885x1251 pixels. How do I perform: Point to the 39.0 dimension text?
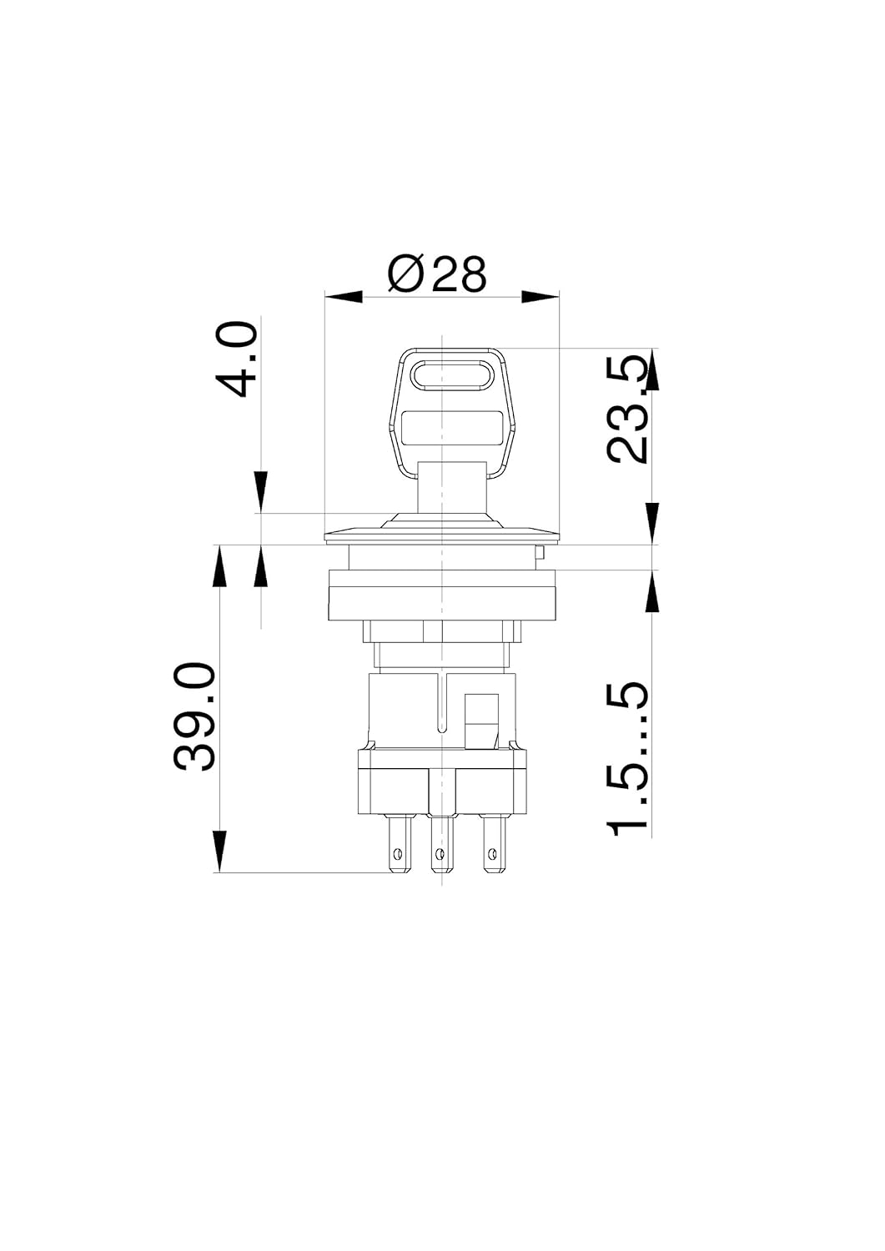pos(194,717)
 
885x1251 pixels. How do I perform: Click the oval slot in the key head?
pos(453,374)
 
